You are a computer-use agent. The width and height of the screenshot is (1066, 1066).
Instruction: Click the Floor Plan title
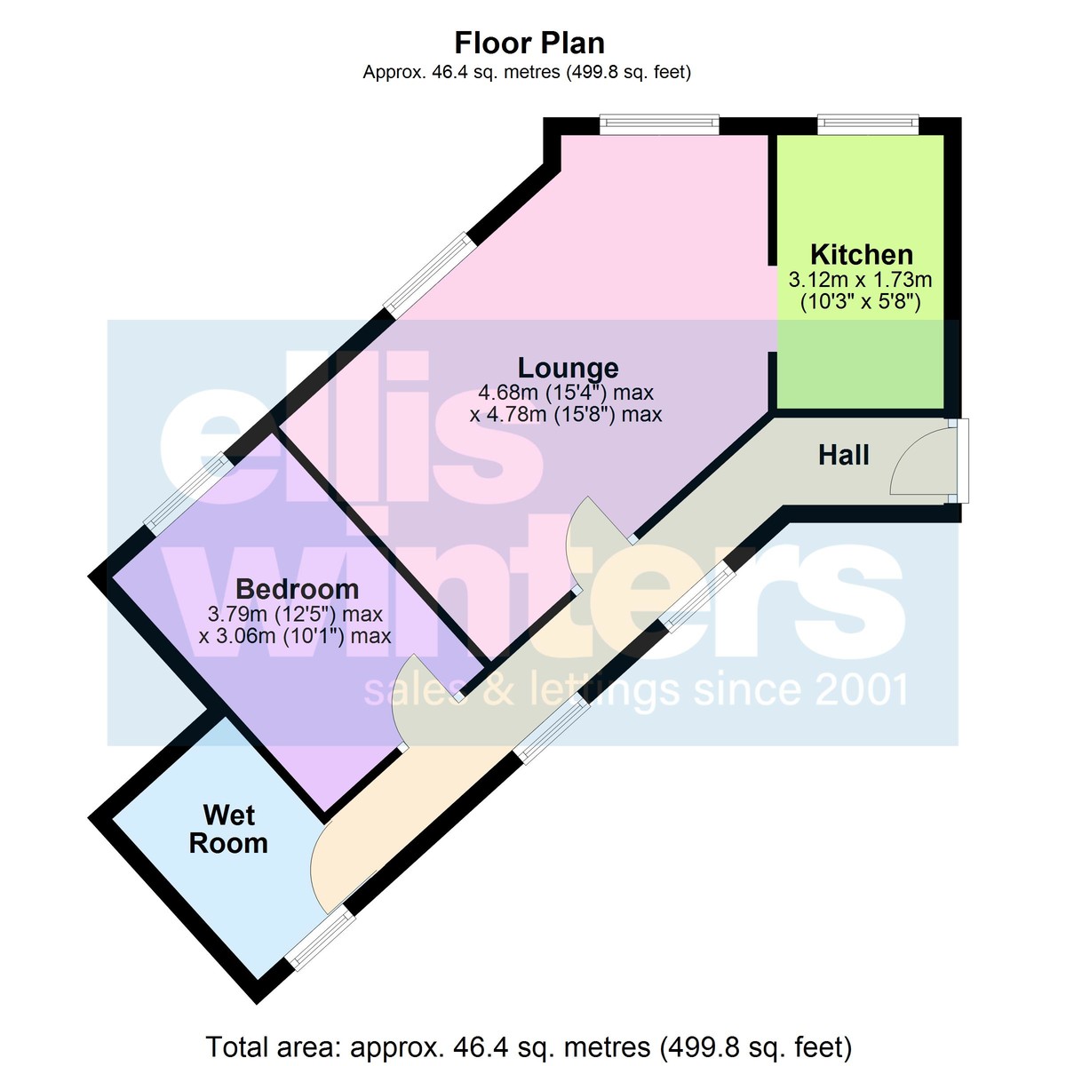[x=529, y=44]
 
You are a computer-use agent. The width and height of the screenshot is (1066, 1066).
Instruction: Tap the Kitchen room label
[x=862, y=254]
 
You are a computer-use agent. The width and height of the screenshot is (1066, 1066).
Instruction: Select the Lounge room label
[x=568, y=367]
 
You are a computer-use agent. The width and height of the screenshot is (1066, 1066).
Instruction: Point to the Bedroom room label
[x=297, y=589]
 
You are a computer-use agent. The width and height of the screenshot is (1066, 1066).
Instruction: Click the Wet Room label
[x=228, y=829]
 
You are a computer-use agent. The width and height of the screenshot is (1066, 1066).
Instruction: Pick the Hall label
[x=844, y=455]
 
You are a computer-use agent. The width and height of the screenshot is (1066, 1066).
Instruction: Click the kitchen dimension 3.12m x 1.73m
[x=860, y=279]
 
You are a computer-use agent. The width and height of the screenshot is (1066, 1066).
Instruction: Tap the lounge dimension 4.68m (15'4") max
[x=566, y=393]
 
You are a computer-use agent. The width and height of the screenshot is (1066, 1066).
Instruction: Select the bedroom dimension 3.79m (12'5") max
[x=296, y=614]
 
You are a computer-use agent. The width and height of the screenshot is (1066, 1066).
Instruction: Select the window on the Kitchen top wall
[x=868, y=123]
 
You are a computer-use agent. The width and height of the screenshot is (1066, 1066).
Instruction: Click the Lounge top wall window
[x=659, y=123]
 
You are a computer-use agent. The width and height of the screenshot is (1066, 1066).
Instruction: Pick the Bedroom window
[x=188, y=493]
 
